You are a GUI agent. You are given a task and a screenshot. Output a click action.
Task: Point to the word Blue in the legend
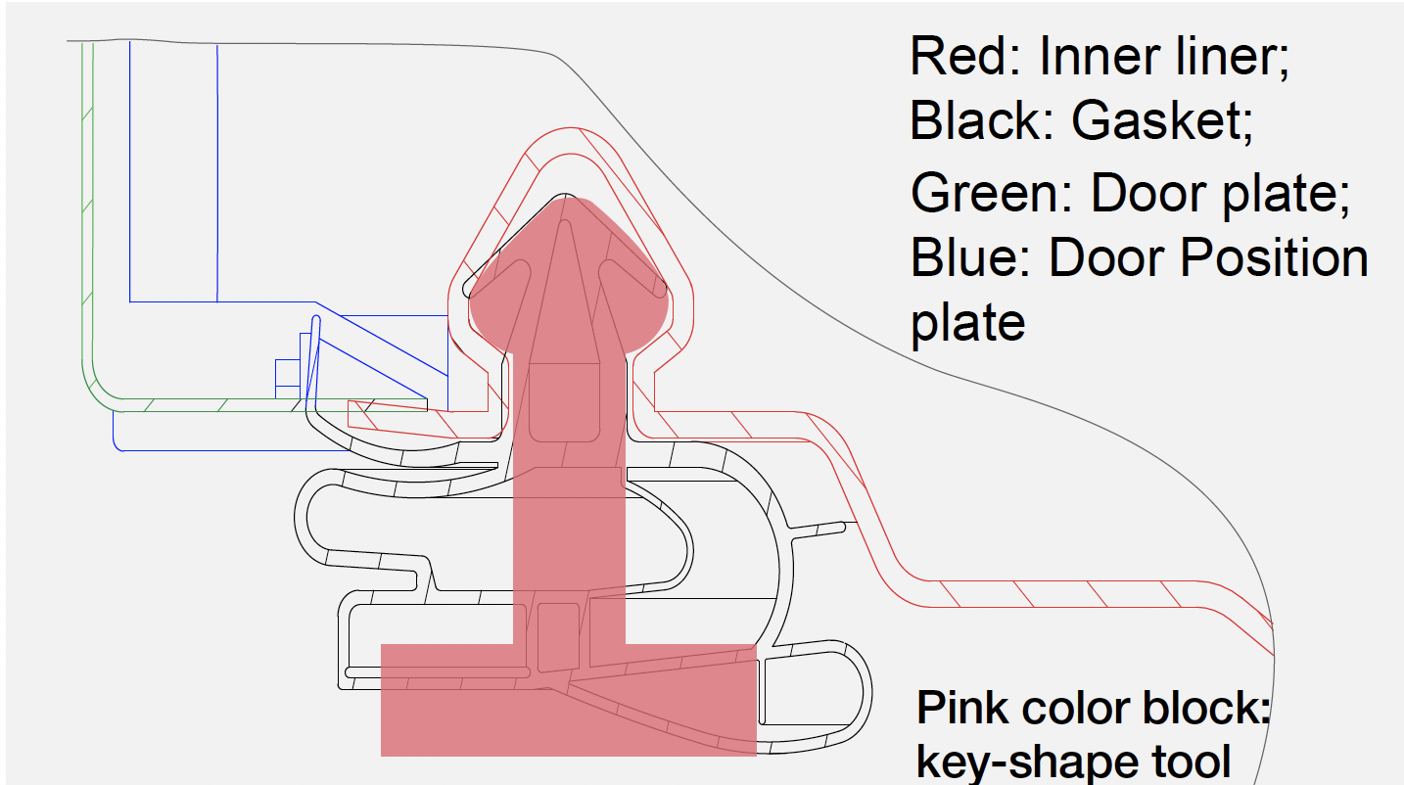click(x=970, y=257)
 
